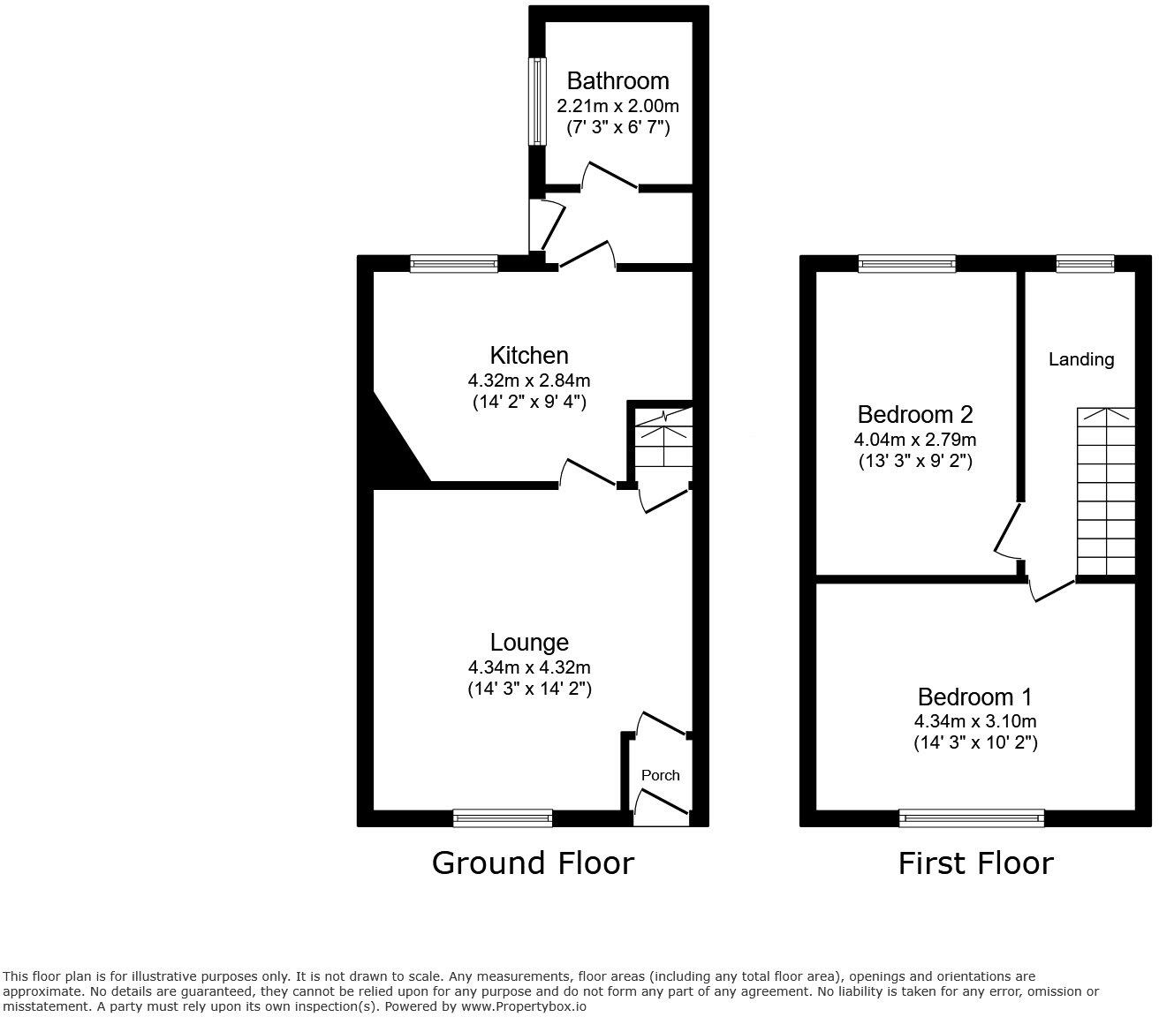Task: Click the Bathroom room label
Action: pos(617,81)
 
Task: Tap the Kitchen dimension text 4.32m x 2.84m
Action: pos(529,381)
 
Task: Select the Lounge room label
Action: pos(529,643)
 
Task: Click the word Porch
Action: pos(660,775)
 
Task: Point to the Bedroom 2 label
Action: pos(915,414)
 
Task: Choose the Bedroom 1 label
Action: pos(975,697)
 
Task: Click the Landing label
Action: pos(1081,359)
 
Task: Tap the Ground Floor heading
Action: pos(533,863)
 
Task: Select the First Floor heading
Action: pos(975,863)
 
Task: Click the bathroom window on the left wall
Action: pos(536,102)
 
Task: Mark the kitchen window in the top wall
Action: pos(454,263)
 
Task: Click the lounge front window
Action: pos(503,818)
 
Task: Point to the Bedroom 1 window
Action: pos(972,818)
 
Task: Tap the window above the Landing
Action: pos(1085,263)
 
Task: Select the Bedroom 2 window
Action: pos(906,263)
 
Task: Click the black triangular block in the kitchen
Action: pos(394,450)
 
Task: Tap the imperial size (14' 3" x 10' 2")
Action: pos(975,743)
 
